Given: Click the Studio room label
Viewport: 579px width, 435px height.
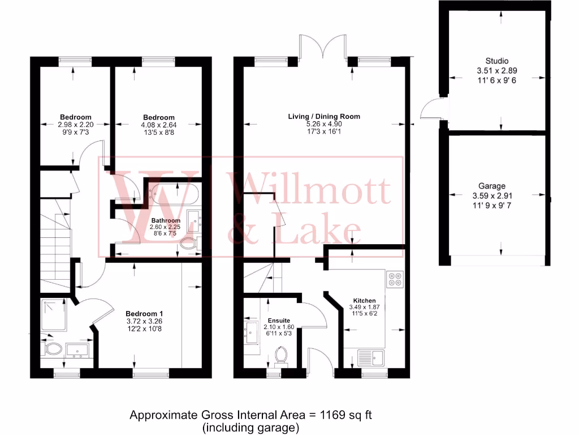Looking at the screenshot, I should [496, 61].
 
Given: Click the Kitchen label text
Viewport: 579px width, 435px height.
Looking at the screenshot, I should [364, 301].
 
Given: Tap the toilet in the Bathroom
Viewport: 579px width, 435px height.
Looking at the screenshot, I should [188, 244].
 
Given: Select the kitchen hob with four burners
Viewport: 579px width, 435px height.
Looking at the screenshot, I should [394, 279].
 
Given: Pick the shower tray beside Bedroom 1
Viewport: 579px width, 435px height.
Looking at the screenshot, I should [54, 316].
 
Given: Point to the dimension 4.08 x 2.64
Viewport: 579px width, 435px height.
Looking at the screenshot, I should [158, 125].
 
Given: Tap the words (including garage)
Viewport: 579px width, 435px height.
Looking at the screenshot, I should [250, 428].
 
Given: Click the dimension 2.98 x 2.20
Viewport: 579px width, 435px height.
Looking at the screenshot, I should [76, 125].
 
